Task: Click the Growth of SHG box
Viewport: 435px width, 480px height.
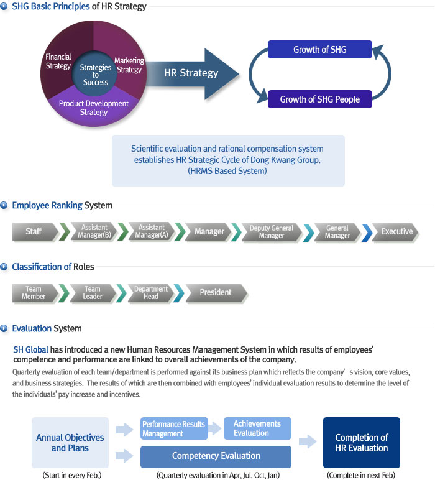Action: [x=319, y=49]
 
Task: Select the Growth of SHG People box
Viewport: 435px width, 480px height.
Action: [x=319, y=99]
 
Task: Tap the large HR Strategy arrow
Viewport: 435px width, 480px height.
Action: [x=193, y=74]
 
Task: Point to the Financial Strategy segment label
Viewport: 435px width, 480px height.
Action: [x=58, y=61]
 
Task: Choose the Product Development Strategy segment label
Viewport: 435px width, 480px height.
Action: [x=94, y=108]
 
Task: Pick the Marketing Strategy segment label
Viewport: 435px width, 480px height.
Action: [x=129, y=65]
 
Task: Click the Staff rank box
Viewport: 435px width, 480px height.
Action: [x=35, y=231]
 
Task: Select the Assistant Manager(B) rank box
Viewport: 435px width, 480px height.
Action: [x=94, y=231]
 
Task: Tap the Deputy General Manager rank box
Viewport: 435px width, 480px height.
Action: [x=272, y=232]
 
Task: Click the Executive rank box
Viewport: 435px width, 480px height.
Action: [x=395, y=232]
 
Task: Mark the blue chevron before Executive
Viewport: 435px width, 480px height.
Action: [x=367, y=233]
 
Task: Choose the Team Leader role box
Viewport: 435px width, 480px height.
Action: [x=93, y=293]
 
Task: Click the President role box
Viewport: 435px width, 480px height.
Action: [x=216, y=293]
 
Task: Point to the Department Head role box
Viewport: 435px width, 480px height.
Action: [x=150, y=293]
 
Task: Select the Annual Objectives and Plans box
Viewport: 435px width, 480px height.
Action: [x=70, y=442]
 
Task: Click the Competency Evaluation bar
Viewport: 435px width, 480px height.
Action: [x=216, y=456]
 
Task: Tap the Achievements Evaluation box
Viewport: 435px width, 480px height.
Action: [x=257, y=428]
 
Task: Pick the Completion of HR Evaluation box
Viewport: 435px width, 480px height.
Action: [x=362, y=442]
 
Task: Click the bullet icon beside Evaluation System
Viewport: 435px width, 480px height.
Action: [x=4, y=328]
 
